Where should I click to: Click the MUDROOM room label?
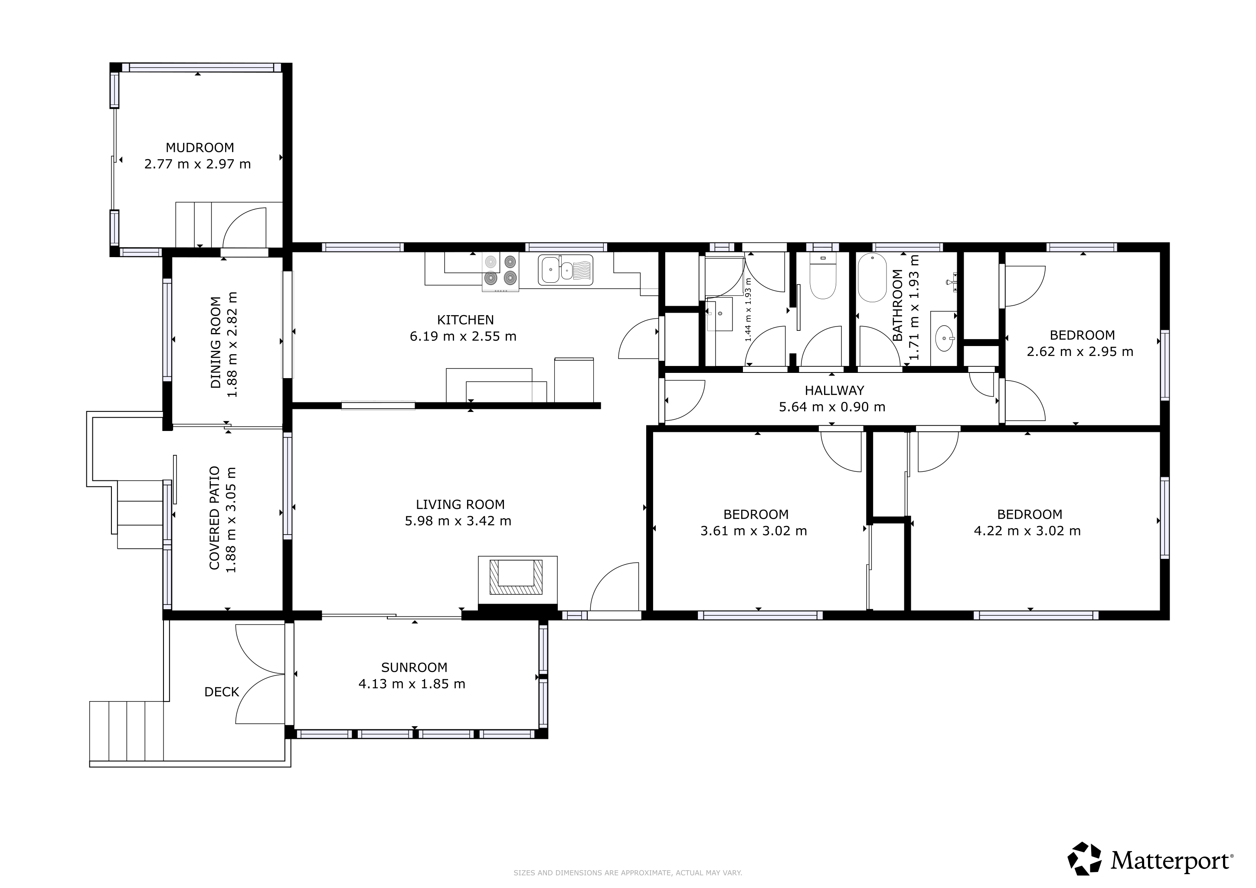200,147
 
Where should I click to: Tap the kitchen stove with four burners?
500,272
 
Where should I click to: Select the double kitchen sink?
566,270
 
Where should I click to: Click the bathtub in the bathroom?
872,278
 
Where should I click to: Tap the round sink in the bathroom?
945,337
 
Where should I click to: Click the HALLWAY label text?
834,390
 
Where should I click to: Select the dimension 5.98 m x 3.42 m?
458,521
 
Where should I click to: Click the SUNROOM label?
414,668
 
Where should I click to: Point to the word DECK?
222,692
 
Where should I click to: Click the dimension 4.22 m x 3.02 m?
1027,531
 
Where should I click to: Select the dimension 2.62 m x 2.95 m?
1080,352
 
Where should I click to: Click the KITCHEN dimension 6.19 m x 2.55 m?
463,336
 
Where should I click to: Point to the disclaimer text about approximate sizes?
628,873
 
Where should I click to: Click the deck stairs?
127,731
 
